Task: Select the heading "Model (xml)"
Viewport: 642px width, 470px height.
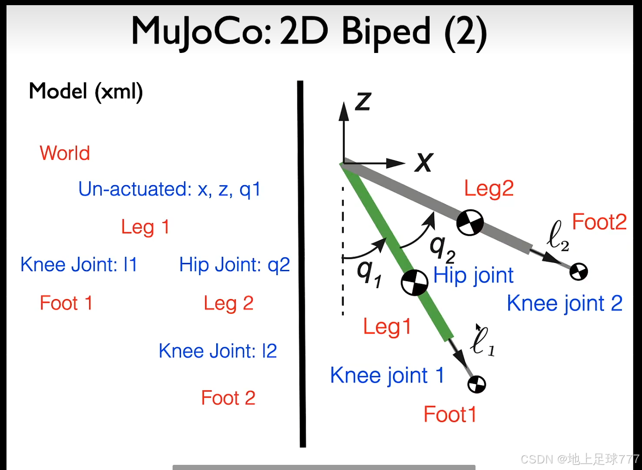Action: [86, 91]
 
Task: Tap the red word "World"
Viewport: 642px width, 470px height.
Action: [65, 153]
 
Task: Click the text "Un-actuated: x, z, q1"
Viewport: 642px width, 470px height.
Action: [169, 189]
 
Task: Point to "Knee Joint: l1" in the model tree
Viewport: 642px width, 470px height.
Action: [79, 265]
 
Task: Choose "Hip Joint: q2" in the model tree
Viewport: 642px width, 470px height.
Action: [234, 265]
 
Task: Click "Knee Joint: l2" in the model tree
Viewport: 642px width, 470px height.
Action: [218, 351]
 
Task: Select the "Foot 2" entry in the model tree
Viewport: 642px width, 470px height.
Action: [228, 398]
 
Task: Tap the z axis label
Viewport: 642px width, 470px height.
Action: [363, 101]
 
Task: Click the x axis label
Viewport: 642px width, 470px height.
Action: [424, 163]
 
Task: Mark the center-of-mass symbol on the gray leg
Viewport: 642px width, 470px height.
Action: [470, 222]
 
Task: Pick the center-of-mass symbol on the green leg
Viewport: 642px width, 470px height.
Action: [415, 283]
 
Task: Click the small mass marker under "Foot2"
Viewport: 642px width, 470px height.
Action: [579, 271]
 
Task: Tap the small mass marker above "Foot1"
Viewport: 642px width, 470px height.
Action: [477, 384]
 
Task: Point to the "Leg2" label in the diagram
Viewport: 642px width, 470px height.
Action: [489, 189]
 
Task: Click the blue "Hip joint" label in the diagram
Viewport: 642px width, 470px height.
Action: [473, 276]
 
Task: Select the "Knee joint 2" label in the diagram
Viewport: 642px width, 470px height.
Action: [565, 304]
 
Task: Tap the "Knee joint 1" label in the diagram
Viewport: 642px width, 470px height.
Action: [387, 376]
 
